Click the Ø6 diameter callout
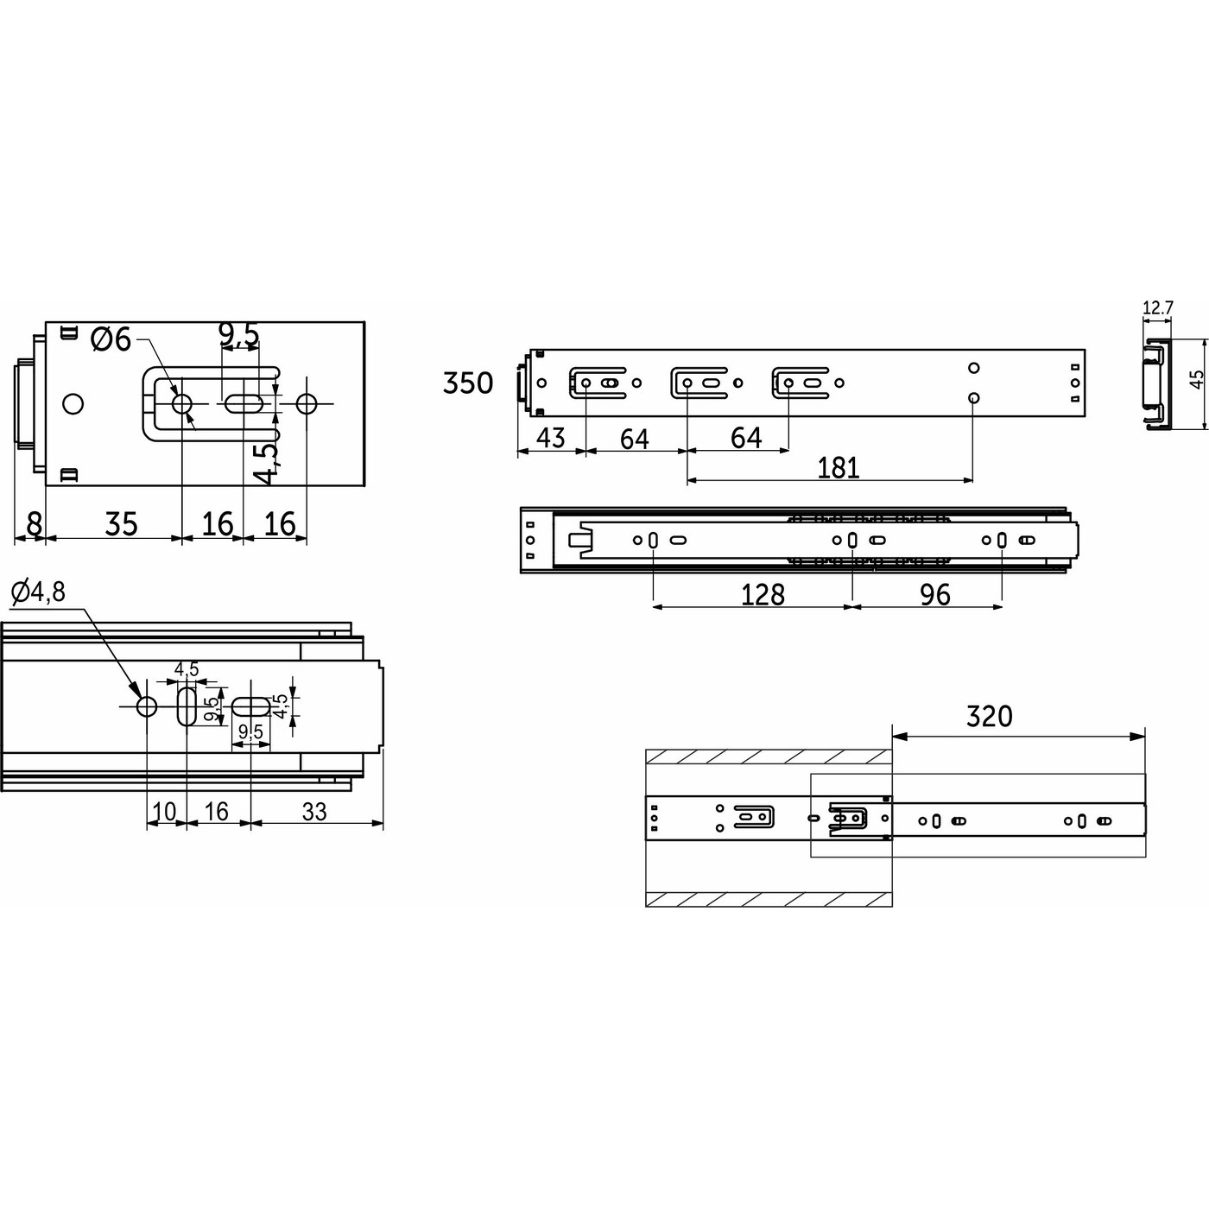[111, 339]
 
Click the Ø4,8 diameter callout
[38, 592]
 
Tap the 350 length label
[467, 383]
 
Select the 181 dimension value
[838, 467]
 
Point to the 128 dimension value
[763, 594]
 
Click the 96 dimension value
[934, 594]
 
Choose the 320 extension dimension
[989, 716]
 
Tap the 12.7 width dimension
[1157, 307]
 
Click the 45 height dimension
[1196, 381]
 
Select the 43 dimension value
[550, 438]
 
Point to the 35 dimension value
[121, 523]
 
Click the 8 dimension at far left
[33, 523]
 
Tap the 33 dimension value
[315, 811]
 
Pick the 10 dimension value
[164, 811]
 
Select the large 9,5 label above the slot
[238, 334]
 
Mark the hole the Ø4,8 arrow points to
[147, 706]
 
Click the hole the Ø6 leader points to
[182, 403]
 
